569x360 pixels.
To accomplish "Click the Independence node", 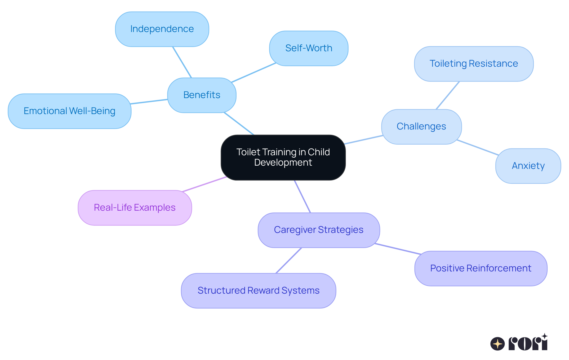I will (162, 29).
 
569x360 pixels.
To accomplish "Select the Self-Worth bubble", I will (309, 48).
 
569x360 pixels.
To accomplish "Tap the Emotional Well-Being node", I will (69, 111).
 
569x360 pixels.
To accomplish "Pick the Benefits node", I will (202, 95).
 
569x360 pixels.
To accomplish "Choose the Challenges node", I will (421, 127).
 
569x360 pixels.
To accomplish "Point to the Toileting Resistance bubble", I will (474, 64).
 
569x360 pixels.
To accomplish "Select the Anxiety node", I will (528, 166).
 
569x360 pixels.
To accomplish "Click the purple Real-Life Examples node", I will (135, 208).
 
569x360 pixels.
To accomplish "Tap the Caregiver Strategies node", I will (319, 230).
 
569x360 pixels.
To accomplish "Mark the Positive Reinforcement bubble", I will (480, 268).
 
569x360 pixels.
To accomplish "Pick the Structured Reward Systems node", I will (258, 291).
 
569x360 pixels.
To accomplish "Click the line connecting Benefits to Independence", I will (182, 62).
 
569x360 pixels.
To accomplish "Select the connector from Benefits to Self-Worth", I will (253, 73).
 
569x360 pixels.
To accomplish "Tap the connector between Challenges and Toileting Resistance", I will (447, 95).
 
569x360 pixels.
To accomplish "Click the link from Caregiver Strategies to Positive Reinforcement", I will (398, 249).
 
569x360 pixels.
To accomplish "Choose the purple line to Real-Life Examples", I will (204, 184).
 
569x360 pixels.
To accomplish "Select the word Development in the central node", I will (283, 163).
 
